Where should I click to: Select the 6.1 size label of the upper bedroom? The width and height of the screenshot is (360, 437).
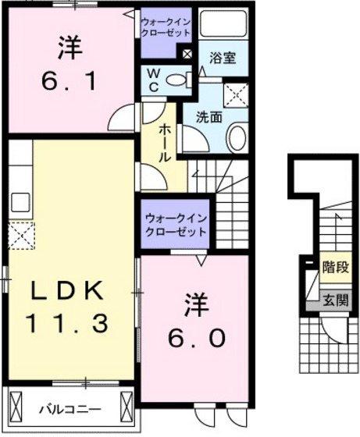point(70,80)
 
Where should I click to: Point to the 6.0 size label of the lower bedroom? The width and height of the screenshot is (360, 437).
point(197,337)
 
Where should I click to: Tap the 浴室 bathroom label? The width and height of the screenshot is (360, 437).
point(222,57)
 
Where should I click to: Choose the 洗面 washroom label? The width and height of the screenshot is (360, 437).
point(209,117)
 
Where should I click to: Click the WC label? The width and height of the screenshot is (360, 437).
point(154,80)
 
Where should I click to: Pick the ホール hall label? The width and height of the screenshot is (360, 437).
point(165,144)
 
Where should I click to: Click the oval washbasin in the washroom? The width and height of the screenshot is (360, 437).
point(235,138)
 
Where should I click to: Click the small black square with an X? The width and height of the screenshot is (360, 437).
point(187,55)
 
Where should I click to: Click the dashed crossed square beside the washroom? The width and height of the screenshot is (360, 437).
point(235,95)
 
